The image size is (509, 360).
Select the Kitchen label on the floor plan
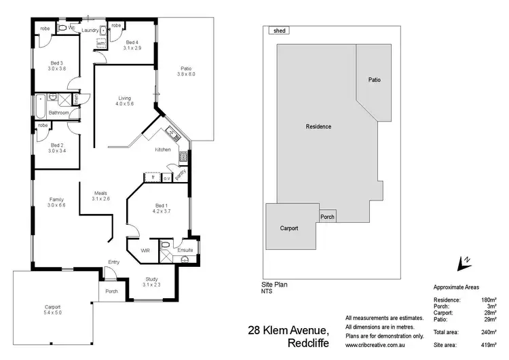coord(163,149)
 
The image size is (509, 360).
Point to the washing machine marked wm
coord(100,43)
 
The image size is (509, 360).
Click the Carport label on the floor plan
coord(53,310)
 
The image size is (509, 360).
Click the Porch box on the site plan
coord(327,217)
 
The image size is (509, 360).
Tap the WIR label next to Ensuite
coord(145,251)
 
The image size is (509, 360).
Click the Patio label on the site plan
coord(374,80)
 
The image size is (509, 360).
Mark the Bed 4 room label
coord(132,45)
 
